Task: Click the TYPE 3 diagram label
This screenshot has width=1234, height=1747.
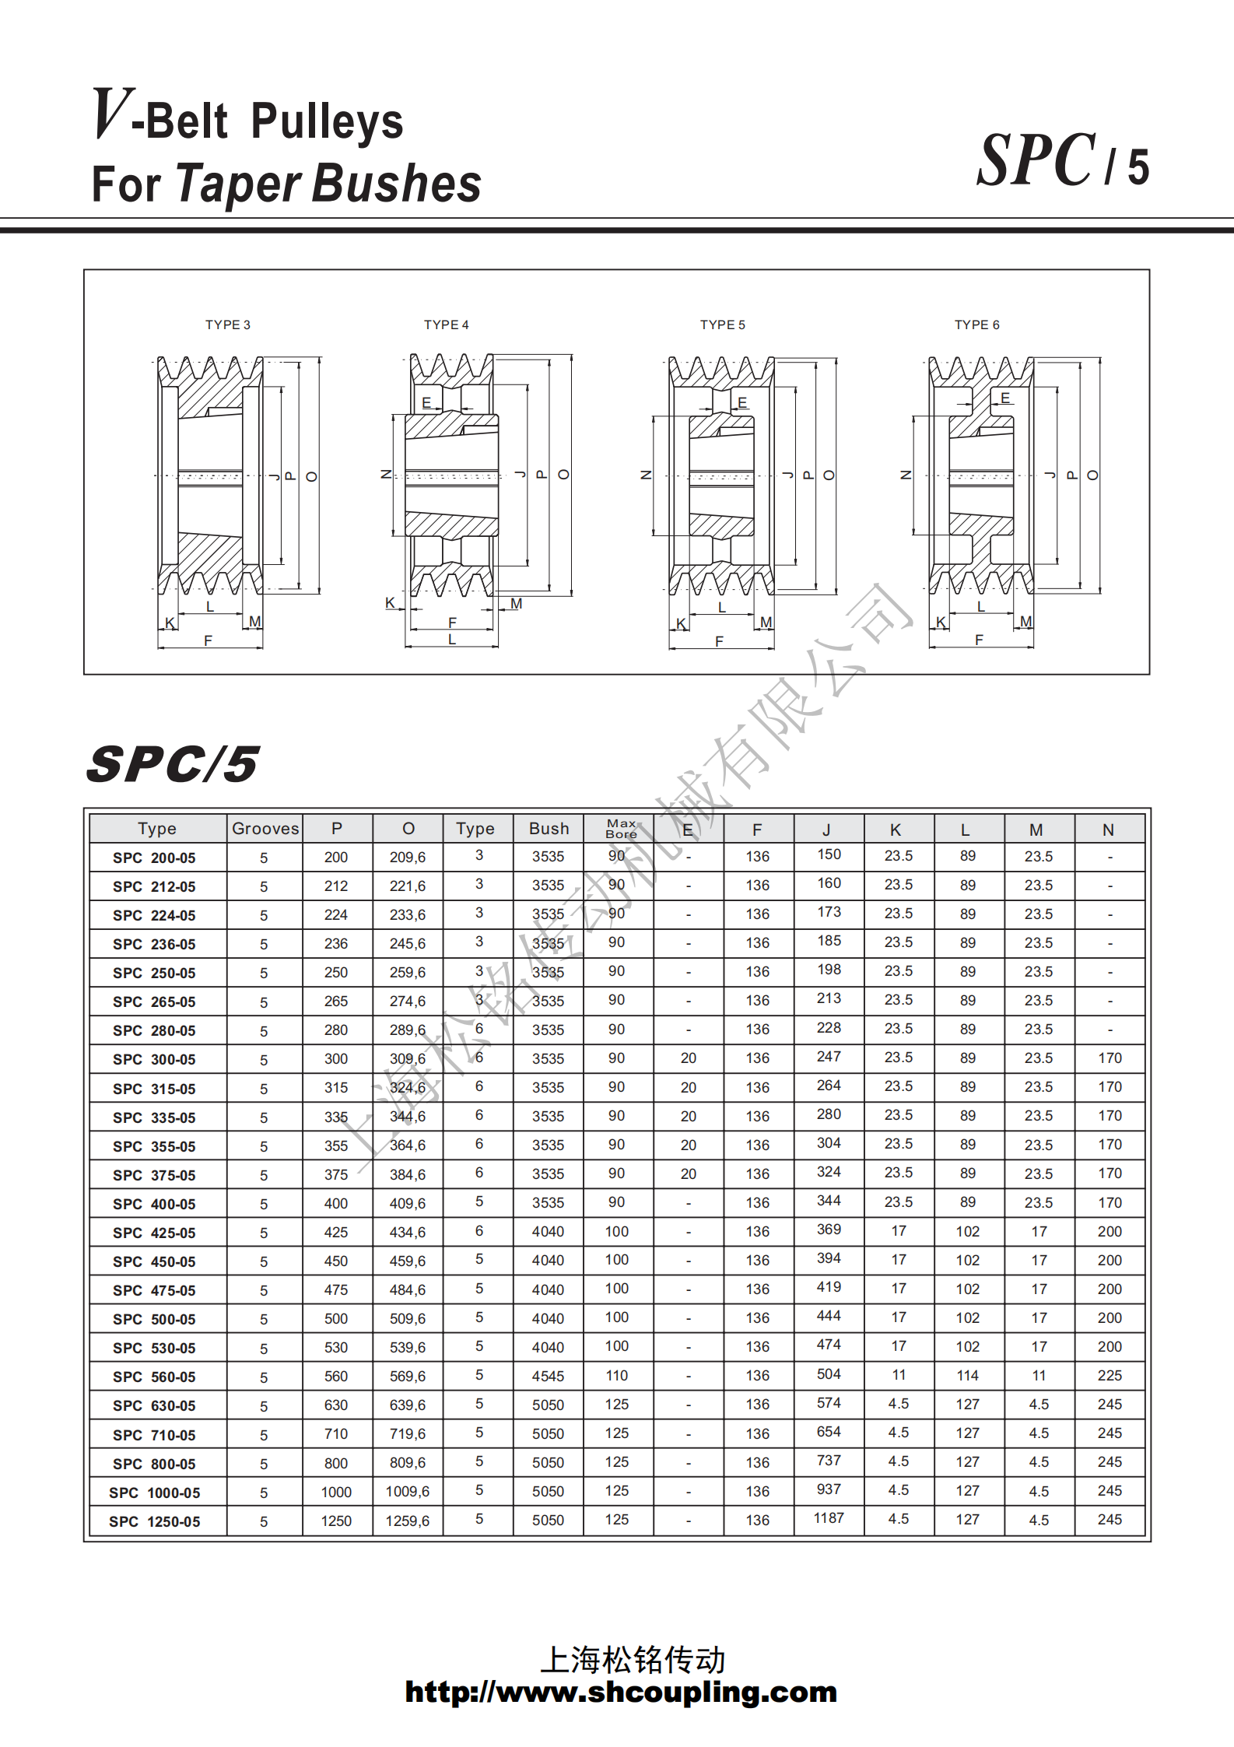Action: point(227,324)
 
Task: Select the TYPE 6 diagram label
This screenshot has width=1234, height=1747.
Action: point(976,324)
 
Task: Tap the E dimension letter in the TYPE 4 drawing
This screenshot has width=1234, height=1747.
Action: point(426,402)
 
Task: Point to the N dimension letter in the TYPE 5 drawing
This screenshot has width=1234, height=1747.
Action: point(645,475)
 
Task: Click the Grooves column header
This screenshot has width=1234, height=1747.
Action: point(265,829)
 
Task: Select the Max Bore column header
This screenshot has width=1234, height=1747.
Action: point(621,829)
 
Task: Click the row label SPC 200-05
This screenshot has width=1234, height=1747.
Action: point(154,858)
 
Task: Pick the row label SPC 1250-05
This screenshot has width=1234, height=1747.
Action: point(154,1521)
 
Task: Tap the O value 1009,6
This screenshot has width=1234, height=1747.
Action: point(407,1492)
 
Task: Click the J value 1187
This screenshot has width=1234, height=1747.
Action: point(829,1518)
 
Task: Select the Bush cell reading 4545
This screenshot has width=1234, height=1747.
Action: point(548,1377)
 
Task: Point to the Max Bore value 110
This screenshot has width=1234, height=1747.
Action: point(616,1376)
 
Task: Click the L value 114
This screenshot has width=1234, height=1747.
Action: point(967,1376)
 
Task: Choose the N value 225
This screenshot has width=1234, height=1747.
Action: point(1110,1376)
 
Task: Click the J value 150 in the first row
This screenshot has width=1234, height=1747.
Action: point(829,854)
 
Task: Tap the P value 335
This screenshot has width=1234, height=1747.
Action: point(336,1117)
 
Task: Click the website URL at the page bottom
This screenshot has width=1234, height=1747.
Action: point(620,1693)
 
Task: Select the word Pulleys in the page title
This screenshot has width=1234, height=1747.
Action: point(327,122)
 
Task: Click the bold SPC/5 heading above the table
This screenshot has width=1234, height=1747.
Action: point(172,764)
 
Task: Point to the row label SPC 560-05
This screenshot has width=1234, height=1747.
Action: point(154,1377)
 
